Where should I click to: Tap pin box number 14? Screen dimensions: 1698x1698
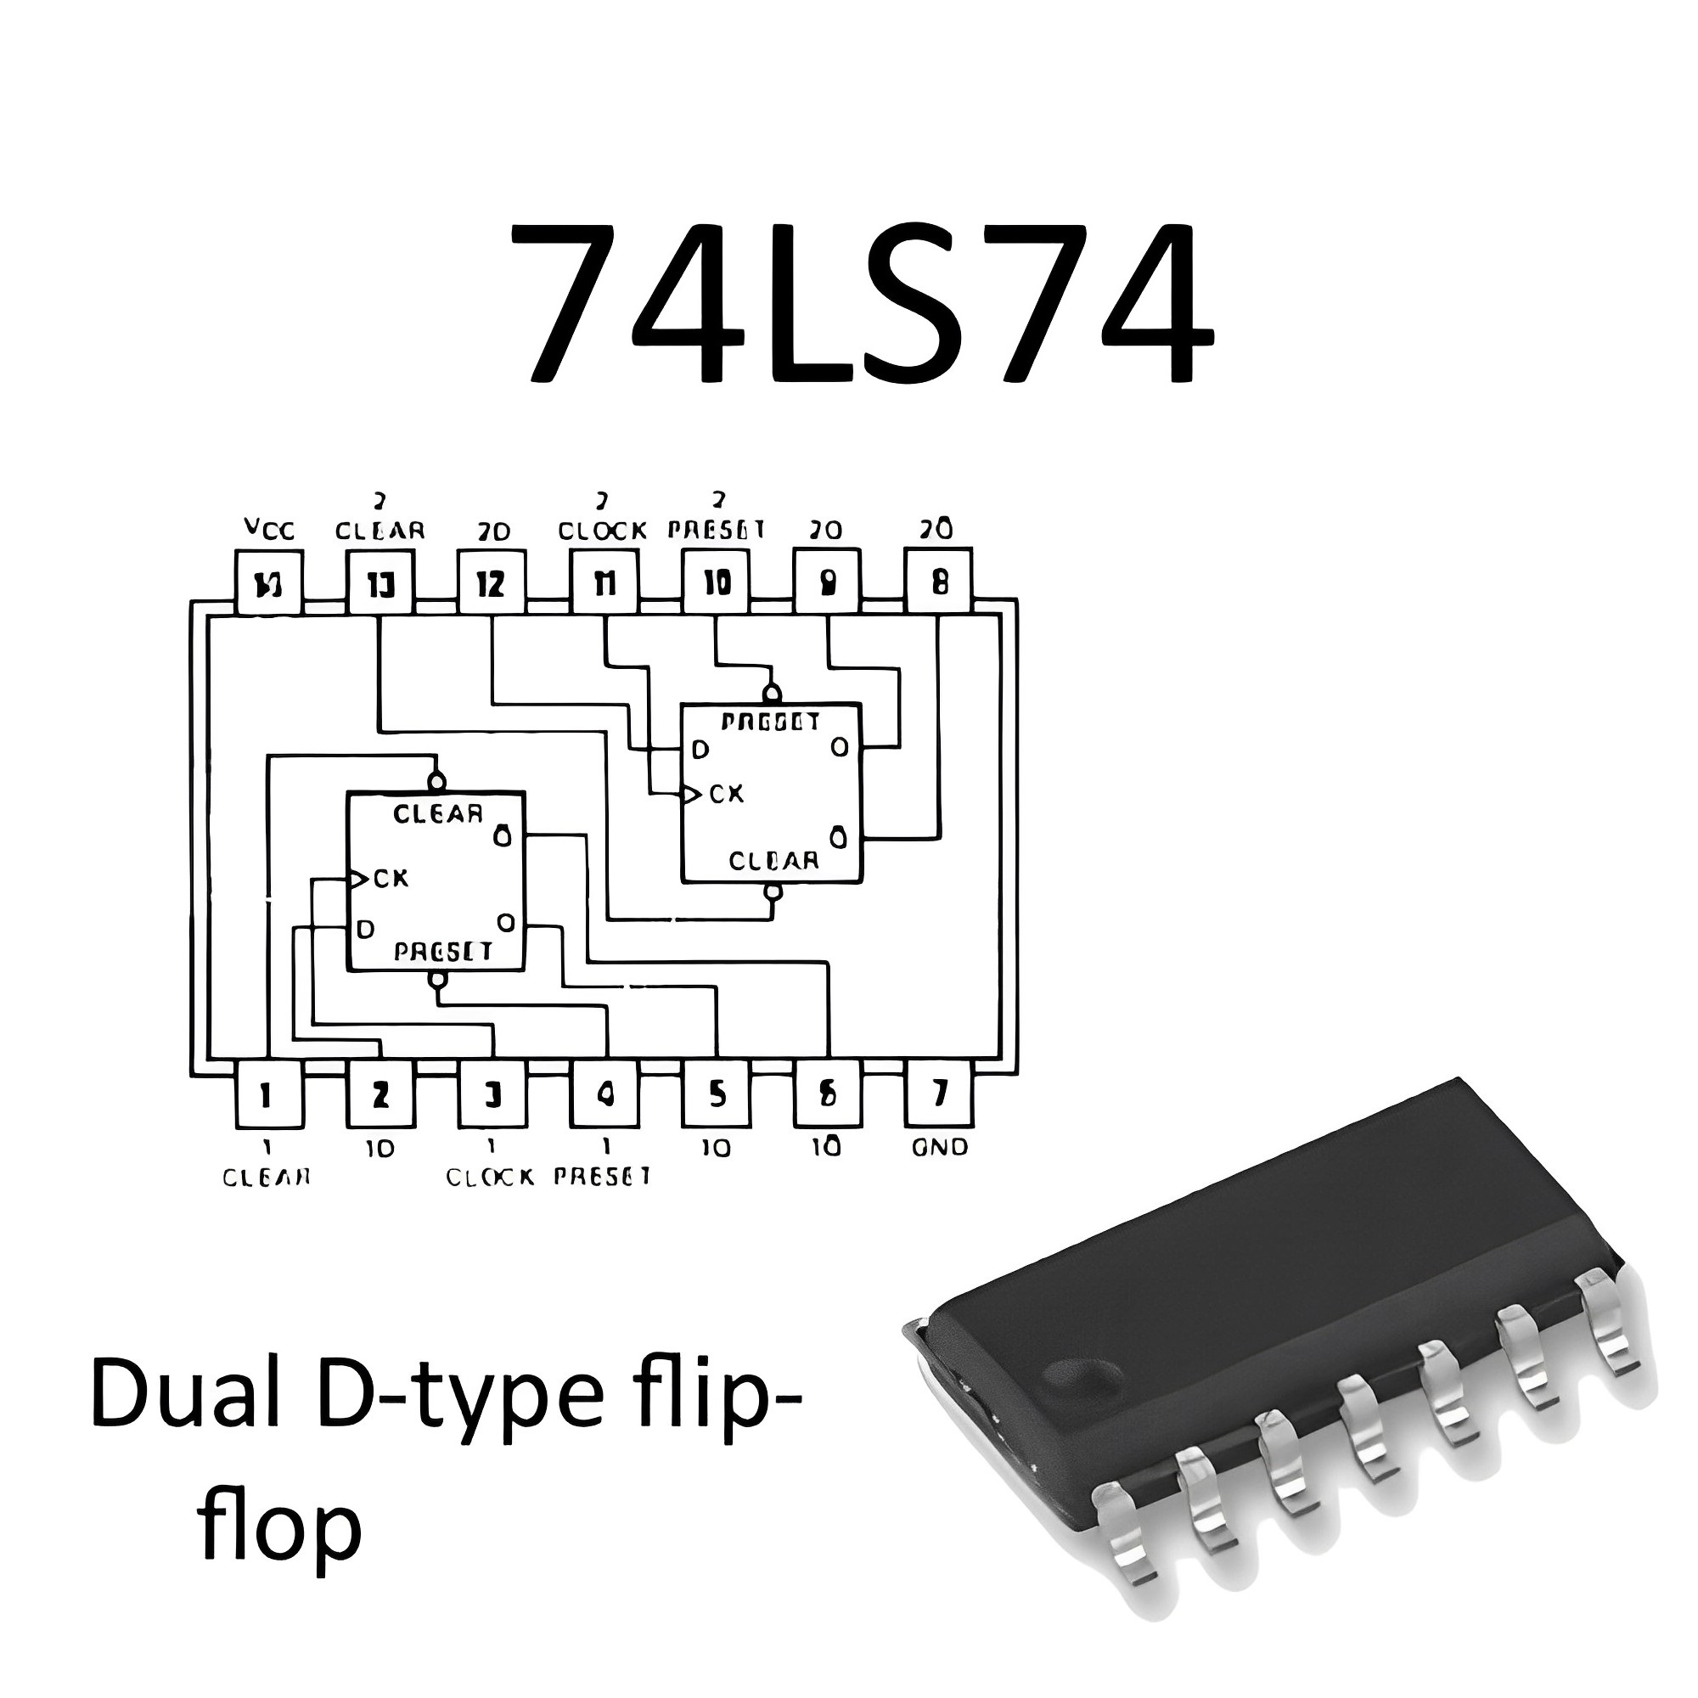[269, 582]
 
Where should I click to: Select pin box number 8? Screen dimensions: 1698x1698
[939, 582]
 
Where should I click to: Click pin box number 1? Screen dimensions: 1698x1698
[269, 1095]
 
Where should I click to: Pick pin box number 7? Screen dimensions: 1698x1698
[939, 1095]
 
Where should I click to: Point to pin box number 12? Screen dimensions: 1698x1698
[492, 582]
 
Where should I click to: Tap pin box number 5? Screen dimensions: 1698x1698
[717, 1095]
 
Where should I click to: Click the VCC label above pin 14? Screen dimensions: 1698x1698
[269, 530]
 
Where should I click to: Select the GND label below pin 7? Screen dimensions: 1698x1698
[940, 1148]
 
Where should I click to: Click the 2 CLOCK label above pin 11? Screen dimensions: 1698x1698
[603, 520]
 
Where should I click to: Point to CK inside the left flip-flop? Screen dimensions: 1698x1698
[391, 878]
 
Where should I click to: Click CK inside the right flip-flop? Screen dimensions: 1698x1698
[726, 794]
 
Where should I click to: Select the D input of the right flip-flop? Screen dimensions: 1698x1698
[700, 750]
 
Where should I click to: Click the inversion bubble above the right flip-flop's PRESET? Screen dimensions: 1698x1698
[772, 692]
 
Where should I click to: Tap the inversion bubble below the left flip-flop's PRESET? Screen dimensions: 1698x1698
[436, 980]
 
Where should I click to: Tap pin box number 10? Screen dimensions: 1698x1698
[717, 582]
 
